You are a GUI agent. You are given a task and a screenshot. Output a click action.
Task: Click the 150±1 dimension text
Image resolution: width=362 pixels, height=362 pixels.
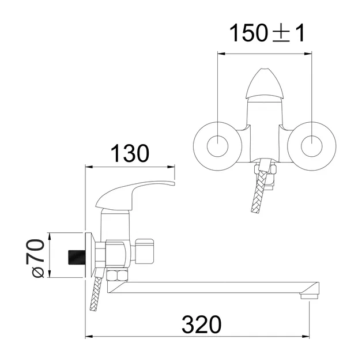(x=267, y=33)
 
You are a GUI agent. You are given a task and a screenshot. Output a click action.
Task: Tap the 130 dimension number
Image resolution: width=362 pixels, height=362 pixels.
(x=130, y=153)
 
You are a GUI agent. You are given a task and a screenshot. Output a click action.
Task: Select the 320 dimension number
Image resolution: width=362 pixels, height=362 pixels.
(x=202, y=325)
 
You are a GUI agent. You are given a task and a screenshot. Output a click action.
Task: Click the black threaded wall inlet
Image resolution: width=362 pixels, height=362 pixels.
(x=77, y=257)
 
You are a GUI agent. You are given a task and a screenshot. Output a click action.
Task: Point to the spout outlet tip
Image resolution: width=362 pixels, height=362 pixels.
(x=310, y=296)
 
